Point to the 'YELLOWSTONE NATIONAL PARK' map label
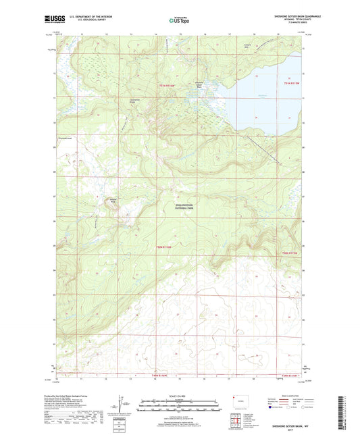180,209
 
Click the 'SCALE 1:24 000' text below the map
180,395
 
